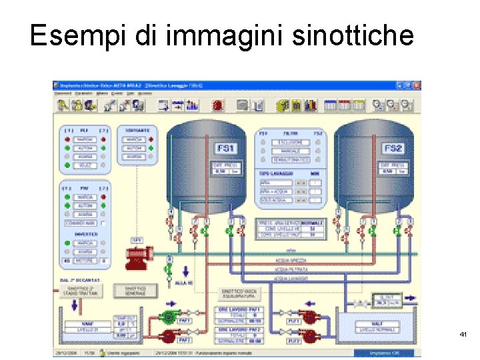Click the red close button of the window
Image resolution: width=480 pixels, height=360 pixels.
[x=416, y=85]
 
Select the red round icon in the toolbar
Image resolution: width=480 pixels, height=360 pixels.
[x=217, y=105]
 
